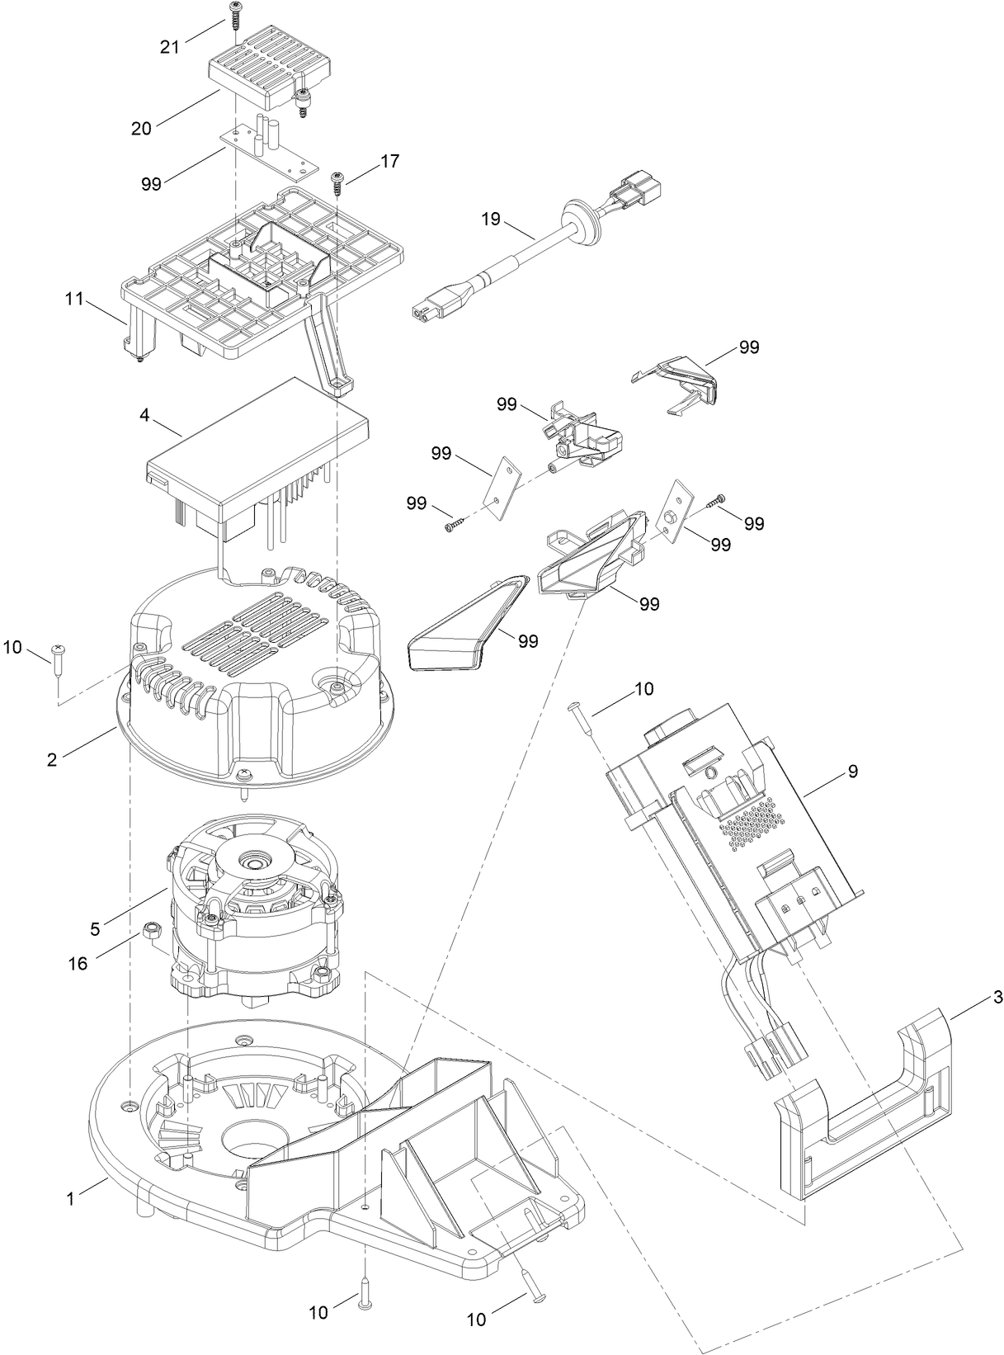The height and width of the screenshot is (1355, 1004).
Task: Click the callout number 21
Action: (169, 47)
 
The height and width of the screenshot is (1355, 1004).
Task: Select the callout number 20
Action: (142, 128)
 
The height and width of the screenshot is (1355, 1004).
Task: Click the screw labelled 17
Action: (337, 182)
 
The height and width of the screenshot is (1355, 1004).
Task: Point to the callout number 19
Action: (491, 220)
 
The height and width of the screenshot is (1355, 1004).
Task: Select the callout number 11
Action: (74, 299)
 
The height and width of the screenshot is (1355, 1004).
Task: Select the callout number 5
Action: (95, 928)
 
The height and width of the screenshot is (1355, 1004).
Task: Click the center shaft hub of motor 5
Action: (250, 863)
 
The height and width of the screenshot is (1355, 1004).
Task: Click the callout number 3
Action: (997, 998)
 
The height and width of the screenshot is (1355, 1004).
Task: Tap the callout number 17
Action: (389, 161)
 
